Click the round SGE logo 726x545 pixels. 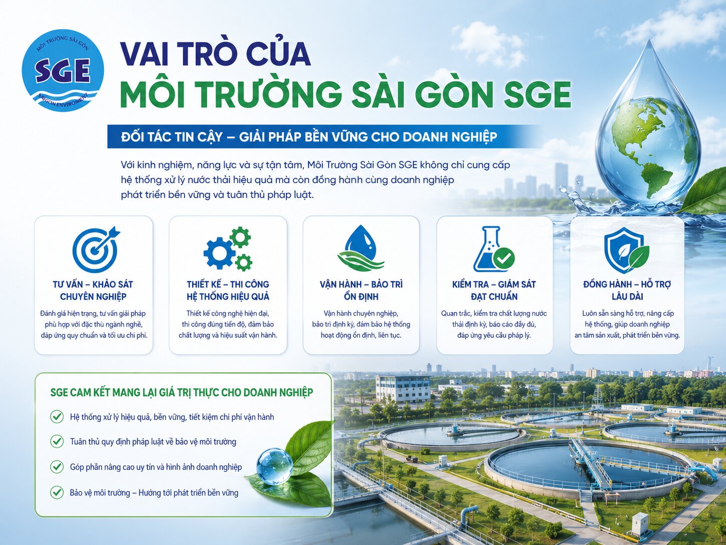(63, 70)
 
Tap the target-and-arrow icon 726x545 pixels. (96, 249)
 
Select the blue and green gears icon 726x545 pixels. (228, 248)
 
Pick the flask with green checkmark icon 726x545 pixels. (494, 249)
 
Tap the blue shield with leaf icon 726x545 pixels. (626, 250)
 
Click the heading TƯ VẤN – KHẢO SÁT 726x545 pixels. (93, 284)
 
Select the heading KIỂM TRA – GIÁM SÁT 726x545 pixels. (494, 284)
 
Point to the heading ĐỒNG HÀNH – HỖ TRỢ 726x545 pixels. (627, 284)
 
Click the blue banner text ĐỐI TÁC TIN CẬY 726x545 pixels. (171, 137)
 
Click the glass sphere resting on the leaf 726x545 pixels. (275, 467)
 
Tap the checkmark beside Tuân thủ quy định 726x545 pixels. (57, 442)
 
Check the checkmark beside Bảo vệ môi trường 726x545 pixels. (57, 492)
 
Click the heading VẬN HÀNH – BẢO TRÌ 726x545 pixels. (361, 284)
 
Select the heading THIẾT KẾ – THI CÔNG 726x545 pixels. (228, 284)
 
